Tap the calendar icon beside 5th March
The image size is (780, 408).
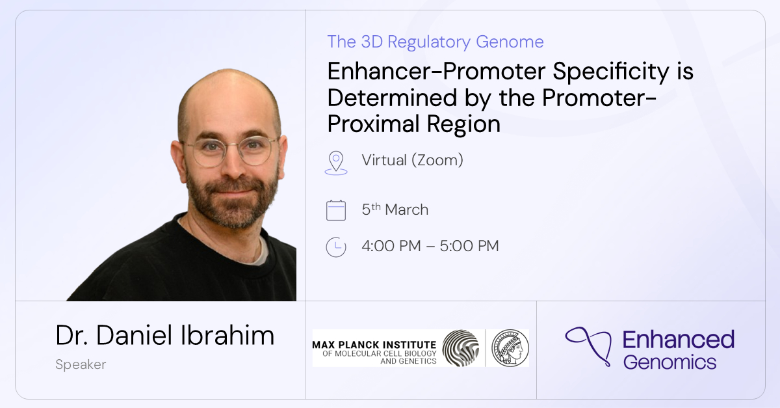pyautogui.click(x=336, y=211)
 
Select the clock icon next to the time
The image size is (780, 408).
pyautogui.click(x=336, y=247)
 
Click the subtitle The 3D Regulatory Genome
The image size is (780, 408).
pyautogui.click(x=435, y=42)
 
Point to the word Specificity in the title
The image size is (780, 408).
pyautogui.click(x=611, y=72)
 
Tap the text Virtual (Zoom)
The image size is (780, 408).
pyautogui.click(x=412, y=160)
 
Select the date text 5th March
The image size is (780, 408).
pyautogui.click(x=395, y=210)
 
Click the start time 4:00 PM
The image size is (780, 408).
pyautogui.click(x=391, y=246)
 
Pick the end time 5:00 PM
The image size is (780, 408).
pyautogui.click(x=469, y=246)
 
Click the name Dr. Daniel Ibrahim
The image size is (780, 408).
pyautogui.click(x=164, y=336)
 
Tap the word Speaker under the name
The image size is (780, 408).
pyautogui.click(x=81, y=365)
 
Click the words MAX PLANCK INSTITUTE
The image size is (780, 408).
pyautogui.click(x=374, y=344)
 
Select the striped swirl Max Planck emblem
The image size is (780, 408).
pyautogui.click(x=460, y=348)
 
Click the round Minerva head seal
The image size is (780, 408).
pyautogui.click(x=510, y=348)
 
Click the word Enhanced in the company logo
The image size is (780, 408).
pyautogui.click(x=679, y=339)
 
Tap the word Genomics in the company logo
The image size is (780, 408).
pyautogui.click(x=669, y=362)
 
